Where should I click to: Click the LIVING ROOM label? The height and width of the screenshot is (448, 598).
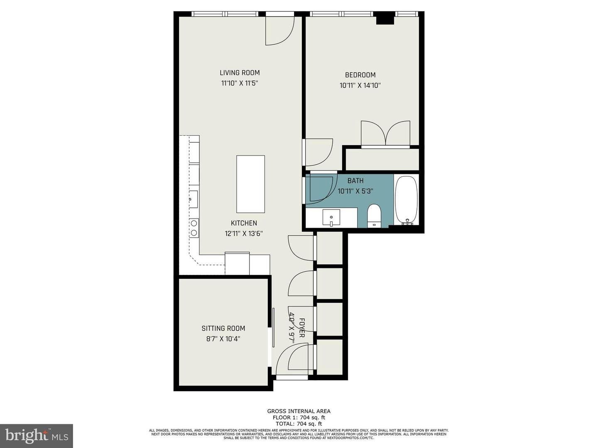point(240,73)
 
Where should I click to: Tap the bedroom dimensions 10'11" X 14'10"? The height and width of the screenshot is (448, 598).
point(360,85)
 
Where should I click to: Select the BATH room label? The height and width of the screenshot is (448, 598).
point(355,180)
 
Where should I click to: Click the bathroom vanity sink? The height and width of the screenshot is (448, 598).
point(331,217)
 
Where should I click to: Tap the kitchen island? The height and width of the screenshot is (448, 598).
point(250,184)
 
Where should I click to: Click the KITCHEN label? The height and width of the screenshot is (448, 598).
point(244,223)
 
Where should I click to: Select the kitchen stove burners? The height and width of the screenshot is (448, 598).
point(194,228)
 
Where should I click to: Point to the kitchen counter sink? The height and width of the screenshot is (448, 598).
point(193,199)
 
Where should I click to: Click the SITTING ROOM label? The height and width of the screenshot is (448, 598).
point(223,328)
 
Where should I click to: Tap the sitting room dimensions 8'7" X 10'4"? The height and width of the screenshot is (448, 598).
point(223,339)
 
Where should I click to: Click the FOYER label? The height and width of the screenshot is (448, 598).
point(302,328)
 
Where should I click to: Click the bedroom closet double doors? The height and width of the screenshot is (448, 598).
point(386,134)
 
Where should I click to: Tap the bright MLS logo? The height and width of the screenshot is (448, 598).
point(36,436)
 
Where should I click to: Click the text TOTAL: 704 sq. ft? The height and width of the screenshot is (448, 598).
point(299,424)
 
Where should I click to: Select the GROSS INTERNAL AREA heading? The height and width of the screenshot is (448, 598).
point(299,411)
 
